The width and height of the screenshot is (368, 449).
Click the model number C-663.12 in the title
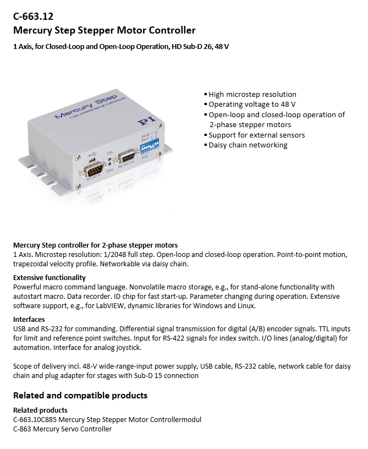pos(34,17)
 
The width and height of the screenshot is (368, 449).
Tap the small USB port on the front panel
pos(94,160)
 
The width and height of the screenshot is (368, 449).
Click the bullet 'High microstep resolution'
pos(252,94)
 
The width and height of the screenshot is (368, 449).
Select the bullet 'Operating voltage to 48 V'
pos(252,104)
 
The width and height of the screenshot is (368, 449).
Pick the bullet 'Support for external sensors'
pos(256,135)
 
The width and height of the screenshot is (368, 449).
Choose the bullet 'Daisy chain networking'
pos(248,145)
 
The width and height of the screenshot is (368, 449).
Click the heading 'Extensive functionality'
pos(50,277)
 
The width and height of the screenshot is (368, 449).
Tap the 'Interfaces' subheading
pos(29,319)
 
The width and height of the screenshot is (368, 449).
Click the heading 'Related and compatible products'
pos(80,395)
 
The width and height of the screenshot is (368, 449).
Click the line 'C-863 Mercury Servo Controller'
pos(62,429)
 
